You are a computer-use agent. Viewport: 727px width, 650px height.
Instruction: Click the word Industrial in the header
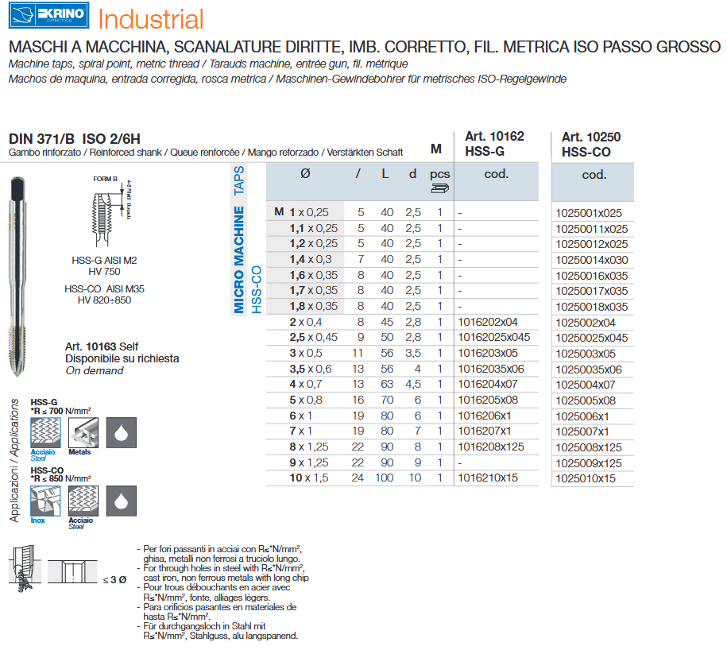click(151, 19)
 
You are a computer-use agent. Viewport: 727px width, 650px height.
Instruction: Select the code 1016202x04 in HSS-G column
click(488, 323)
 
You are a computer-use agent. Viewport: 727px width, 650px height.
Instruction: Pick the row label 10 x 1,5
click(309, 478)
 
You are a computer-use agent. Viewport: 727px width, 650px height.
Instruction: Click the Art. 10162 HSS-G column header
click(489, 144)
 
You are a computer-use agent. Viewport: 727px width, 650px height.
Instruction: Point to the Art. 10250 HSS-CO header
click(590, 144)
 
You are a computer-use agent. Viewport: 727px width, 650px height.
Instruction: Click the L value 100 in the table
click(385, 478)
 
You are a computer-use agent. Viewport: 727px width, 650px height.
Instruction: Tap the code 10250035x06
click(588, 369)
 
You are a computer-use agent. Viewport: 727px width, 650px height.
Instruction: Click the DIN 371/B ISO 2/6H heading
click(68, 139)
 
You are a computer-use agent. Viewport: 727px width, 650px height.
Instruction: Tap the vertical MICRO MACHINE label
click(238, 260)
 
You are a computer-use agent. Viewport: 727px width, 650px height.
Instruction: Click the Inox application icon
click(45, 501)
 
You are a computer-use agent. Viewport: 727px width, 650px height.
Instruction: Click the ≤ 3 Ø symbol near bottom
click(114, 579)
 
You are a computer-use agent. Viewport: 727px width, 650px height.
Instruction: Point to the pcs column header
click(439, 174)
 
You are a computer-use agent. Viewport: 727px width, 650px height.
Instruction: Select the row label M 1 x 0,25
click(301, 213)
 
